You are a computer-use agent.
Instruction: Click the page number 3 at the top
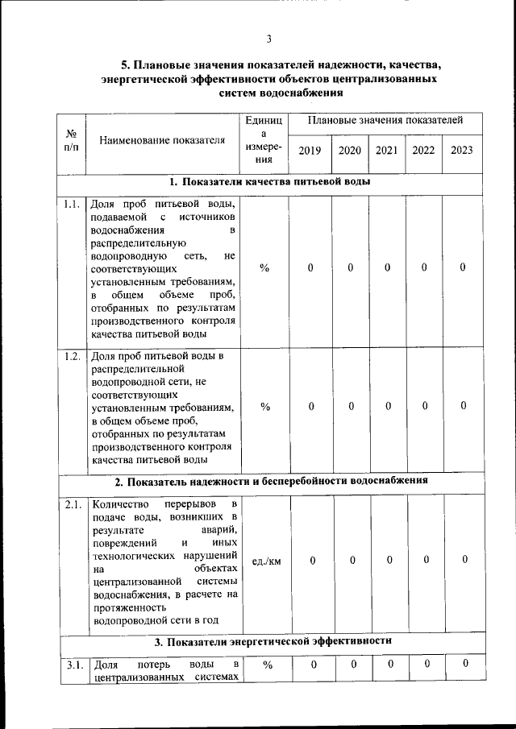coord(268,39)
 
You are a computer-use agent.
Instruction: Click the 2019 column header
coord(310,150)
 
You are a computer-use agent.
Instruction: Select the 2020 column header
coord(350,150)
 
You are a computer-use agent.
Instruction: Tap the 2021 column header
coord(386,150)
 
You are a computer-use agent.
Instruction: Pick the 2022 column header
coord(423,150)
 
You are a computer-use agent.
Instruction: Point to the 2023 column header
coord(462,150)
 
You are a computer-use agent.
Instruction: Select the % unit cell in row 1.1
coord(265,268)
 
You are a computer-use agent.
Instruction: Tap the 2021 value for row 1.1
coord(387,268)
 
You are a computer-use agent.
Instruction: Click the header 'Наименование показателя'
coord(161,141)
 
